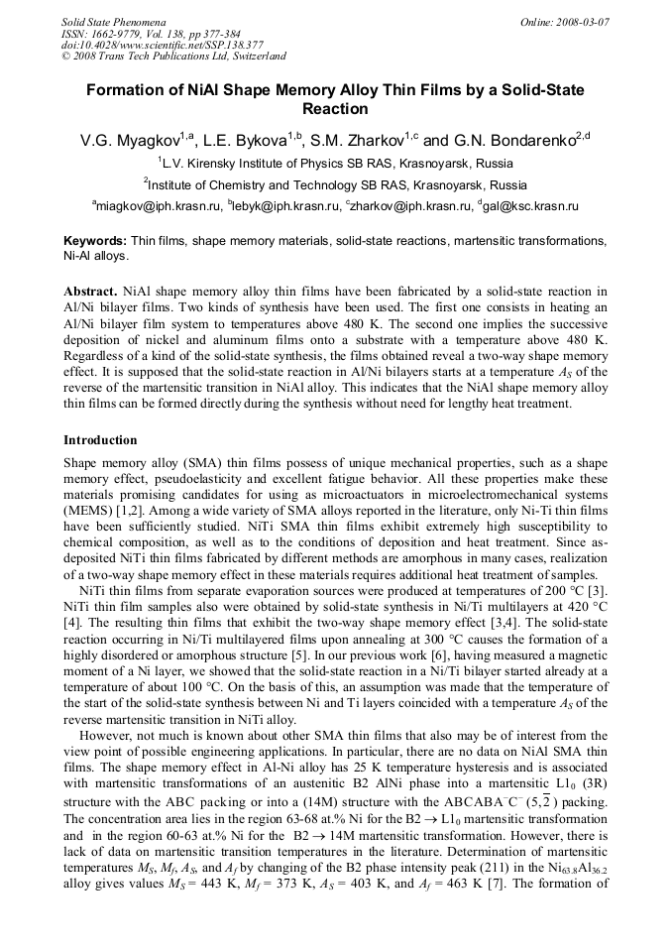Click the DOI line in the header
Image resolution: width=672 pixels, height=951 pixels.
[x=163, y=45]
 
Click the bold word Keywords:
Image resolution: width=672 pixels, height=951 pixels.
[x=95, y=241]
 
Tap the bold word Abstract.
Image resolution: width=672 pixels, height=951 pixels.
[x=91, y=293]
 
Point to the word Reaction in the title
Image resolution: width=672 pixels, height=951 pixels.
[x=335, y=109]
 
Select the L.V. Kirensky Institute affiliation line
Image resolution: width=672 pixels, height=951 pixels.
[x=335, y=163]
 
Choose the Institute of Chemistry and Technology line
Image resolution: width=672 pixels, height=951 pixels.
[x=335, y=184]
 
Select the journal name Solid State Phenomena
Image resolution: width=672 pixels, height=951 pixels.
[x=113, y=21]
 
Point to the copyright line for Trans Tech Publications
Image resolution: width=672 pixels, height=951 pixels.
[x=173, y=57]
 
